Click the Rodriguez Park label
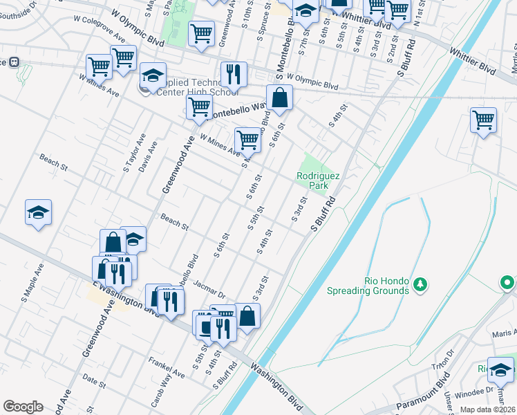pyautogui.click(x=318, y=181)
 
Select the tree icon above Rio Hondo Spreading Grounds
pyautogui.click(x=419, y=284)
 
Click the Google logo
pyautogui.click(x=23, y=407)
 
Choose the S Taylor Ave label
pyautogui.click(x=131, y=158)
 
